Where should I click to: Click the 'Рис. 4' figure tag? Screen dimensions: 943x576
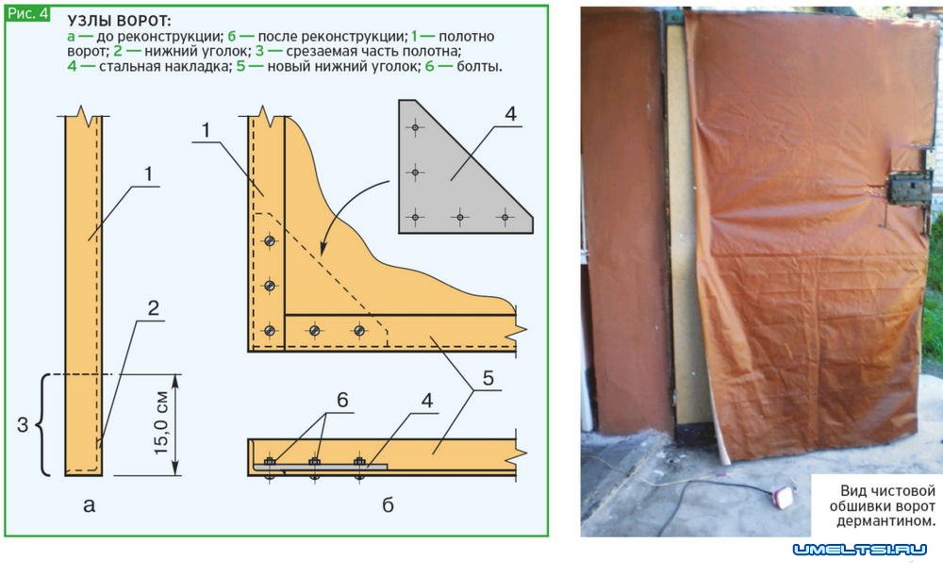click(x=27, y=14)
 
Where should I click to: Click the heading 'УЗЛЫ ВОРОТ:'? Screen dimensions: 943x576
click(x=119, y=21)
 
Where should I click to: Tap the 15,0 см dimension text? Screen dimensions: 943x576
click(x=160, y=422)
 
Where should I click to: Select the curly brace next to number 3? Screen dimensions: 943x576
click(x=42, y=425)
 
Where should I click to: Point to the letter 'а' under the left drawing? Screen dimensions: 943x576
click(x=89, y=505)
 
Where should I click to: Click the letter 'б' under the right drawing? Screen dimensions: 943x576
click(x=388, y=504)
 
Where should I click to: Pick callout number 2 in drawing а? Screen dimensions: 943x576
click(x=154, y=308)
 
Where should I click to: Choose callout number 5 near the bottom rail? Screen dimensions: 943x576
click(x=488, y=378)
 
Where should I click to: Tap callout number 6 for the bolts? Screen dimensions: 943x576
click(x=342, y=400)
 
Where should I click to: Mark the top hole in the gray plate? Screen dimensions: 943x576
click(x=415, y=127)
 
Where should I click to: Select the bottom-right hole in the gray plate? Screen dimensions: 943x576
click(x=505, y=217)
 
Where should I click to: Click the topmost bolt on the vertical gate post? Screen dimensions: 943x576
click(x=270, y=241)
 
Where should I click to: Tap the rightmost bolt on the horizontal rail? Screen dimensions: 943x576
click(x=359, y=330)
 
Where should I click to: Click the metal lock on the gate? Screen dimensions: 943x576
click(x=910, y=189)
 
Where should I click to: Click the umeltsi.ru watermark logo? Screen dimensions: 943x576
click(x=860, y=549)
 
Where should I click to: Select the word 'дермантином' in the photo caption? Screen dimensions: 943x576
click(x=885, y=521)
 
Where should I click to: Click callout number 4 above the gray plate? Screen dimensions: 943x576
click(x=510, y=114)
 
